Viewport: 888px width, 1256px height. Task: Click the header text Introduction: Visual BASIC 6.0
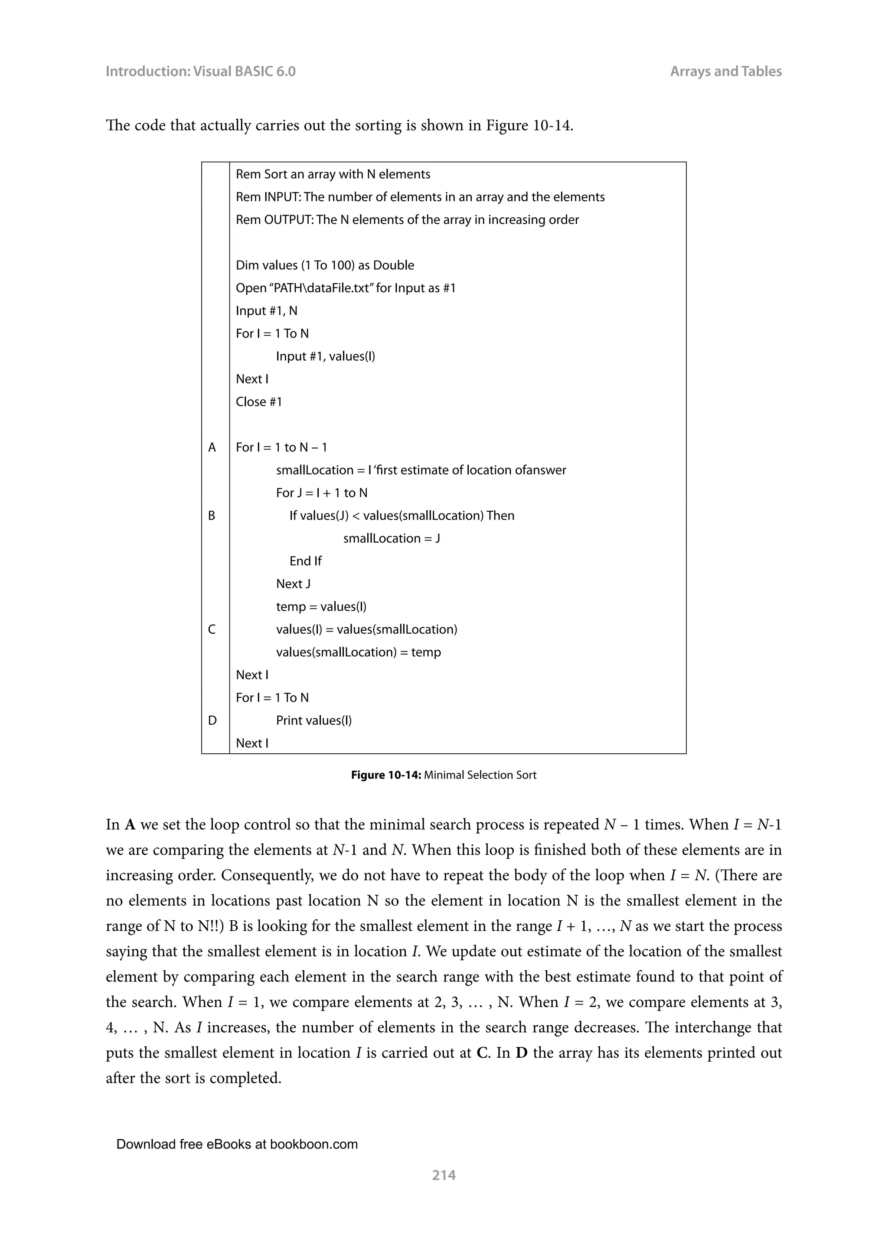200,72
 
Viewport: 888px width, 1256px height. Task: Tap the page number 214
444,1174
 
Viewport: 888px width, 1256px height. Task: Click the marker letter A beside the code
212,448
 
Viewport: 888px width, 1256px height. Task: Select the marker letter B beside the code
212,516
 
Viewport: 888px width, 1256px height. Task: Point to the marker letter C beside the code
212,630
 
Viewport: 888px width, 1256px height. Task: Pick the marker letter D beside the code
212,720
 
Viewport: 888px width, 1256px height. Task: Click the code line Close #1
258,402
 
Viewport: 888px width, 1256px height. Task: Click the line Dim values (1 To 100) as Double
325,265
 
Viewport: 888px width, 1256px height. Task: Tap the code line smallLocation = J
392,538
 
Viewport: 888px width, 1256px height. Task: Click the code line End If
305,561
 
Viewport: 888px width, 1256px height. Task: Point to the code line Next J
293,584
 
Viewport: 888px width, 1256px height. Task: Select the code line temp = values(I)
321,607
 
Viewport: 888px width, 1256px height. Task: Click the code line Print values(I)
314,720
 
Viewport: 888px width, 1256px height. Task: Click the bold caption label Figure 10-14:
386,775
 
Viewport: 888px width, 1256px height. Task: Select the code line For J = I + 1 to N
322,493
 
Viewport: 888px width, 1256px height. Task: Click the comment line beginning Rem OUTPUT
407,220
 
